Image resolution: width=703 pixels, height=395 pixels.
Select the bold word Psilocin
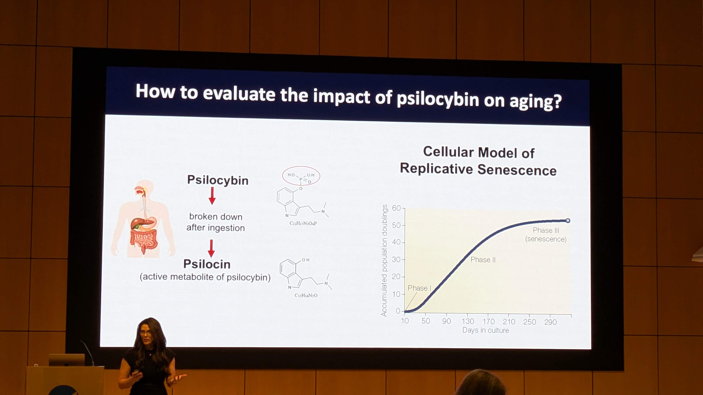pyautogui.click(x=207, y=264)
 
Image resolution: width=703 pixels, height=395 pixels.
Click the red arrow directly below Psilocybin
pyautogui.click(x=212, y=196)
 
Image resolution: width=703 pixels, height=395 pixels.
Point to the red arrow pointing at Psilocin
pyautogui.click(x=211, y=248)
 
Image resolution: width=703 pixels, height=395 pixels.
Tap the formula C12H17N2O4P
pyautogui.click(x=303, y=223)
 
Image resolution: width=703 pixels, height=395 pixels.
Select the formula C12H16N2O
pyautogui.click(x=306, y=295)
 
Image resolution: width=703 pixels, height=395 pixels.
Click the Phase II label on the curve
pyautogui.click(x=483, y=260)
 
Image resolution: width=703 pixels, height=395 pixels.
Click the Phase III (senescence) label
pyautogui.click(x=546, y=235)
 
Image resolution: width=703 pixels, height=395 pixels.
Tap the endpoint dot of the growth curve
pyautogui.click(x=568, y=220)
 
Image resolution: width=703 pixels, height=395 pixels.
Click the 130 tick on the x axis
pyautogui.click(x=468, y=321)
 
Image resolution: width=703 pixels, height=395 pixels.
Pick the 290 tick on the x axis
pyautogui.click(x=550, y=322)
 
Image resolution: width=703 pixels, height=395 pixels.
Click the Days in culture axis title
pyautogui.click(x=486, y=330)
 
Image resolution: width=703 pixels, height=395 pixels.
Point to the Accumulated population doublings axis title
pyautogui.click(x=384, y=260)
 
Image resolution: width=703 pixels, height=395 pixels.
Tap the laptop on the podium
pyautogui.click(x=67, y=360)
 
